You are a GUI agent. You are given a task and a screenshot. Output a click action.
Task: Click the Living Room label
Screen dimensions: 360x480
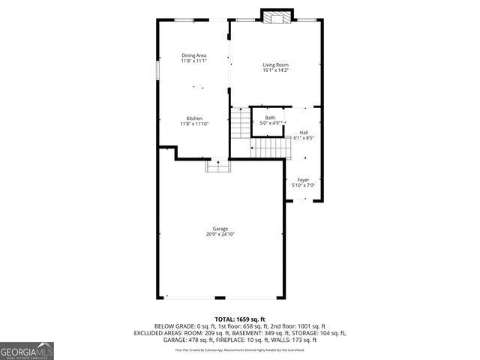275,65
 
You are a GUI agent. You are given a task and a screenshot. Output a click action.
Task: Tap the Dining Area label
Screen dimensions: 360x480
193,55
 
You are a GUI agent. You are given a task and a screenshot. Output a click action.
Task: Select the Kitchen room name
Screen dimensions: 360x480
193,118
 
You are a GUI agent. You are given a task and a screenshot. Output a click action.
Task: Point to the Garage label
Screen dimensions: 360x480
220,229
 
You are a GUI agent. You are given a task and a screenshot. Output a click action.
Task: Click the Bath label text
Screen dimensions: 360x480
269,117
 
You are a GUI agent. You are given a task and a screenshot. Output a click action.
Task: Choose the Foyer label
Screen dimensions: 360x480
303,180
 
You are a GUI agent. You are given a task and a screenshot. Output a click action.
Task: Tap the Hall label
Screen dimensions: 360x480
303,133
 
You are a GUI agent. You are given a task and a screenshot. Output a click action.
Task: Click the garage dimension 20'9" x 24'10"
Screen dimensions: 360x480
220,235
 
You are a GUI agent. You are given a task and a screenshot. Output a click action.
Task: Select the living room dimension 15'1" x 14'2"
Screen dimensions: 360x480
275,71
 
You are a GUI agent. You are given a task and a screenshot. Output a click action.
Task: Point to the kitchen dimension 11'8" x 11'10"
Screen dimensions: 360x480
193,124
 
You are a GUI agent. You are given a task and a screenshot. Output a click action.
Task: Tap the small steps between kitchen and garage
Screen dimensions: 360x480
218,168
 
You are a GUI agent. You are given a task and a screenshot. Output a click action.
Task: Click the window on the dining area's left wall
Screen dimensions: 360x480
157,68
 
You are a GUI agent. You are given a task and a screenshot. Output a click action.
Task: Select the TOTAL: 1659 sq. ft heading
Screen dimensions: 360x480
240,319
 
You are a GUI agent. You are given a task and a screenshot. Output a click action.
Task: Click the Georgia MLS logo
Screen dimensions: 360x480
27,351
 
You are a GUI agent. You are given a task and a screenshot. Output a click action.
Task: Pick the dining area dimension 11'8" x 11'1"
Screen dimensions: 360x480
193,61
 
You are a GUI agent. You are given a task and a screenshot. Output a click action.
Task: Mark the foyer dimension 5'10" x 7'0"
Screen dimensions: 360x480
303,185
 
